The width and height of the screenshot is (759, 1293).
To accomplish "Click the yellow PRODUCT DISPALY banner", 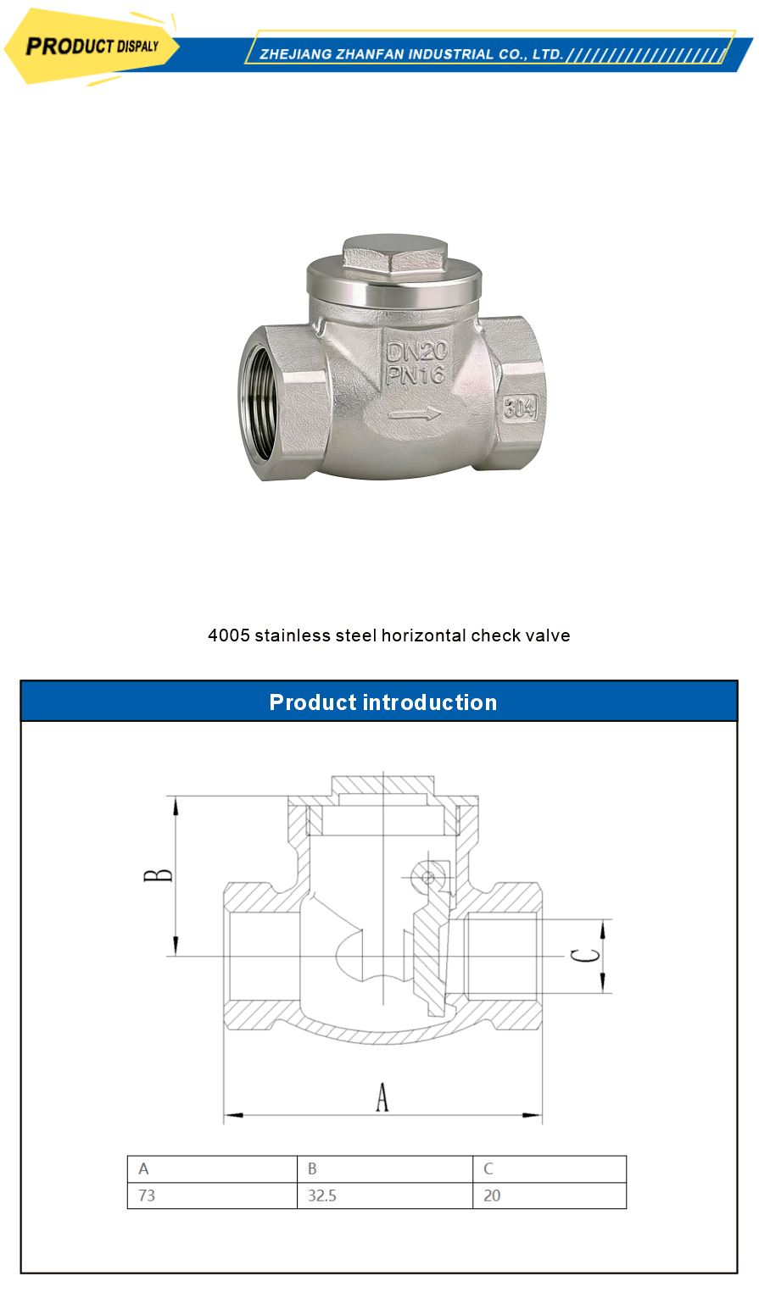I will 92,47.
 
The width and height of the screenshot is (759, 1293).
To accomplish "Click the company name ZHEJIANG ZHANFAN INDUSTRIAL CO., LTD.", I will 411,54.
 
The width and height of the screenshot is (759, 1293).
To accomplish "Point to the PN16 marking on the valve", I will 416,375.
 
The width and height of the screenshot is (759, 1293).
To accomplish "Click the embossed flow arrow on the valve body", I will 415,414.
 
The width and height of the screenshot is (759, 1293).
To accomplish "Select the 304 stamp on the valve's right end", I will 520,408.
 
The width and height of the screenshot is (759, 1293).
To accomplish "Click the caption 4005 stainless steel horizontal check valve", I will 389,635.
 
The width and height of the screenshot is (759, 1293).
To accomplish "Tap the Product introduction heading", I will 382,702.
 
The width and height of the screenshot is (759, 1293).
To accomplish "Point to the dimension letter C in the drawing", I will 584,956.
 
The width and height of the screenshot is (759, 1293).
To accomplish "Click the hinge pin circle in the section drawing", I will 428,877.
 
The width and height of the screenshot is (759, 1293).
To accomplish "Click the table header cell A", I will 143,1168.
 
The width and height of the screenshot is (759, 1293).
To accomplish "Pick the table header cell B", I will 312,1168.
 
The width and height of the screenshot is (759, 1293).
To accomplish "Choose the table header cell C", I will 488,1168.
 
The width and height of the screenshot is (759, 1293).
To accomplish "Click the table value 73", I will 147,1196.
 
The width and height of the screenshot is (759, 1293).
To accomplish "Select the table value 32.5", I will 321,1196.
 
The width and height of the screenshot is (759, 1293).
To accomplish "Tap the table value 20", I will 492,1196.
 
